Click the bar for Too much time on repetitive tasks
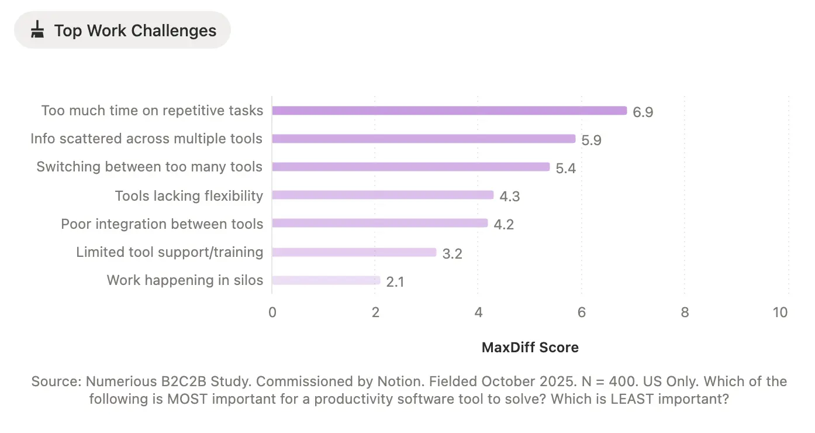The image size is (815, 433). click(449, 111)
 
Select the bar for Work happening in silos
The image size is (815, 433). click(326, 280)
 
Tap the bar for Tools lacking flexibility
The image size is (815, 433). click(383, 195)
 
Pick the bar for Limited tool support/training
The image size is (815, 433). click(354, 252)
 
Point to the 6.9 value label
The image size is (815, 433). click(643, 112)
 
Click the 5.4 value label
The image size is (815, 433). click(565, 169)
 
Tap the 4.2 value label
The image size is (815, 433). click(503, 225)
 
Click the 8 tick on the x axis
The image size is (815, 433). click(685, 312)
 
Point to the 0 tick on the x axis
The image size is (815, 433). click(272, 312)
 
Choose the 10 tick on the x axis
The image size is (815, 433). click(780, 312)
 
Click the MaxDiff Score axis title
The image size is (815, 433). click(530, 348)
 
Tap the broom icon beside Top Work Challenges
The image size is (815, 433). click(37, 30)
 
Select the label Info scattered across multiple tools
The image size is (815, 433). click(146, 139)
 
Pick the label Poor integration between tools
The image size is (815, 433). click(162, 224)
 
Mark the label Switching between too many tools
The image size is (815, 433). click(149, 167)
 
